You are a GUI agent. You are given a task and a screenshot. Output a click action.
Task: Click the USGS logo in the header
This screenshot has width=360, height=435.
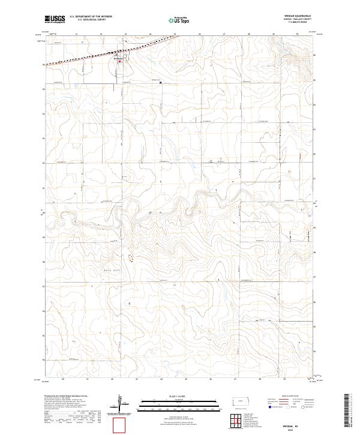[55, 19]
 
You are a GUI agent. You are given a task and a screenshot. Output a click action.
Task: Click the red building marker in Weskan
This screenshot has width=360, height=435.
[119, 61]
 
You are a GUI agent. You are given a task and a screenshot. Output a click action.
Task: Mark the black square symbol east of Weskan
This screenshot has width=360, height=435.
[160, 82]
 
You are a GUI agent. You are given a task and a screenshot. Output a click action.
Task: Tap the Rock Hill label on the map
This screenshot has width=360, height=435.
[114, 270]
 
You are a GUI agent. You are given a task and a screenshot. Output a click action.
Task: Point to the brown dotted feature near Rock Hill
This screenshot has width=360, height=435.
[130, 258]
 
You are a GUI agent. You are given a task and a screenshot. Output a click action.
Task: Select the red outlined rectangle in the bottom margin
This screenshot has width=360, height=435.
[120, 425]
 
